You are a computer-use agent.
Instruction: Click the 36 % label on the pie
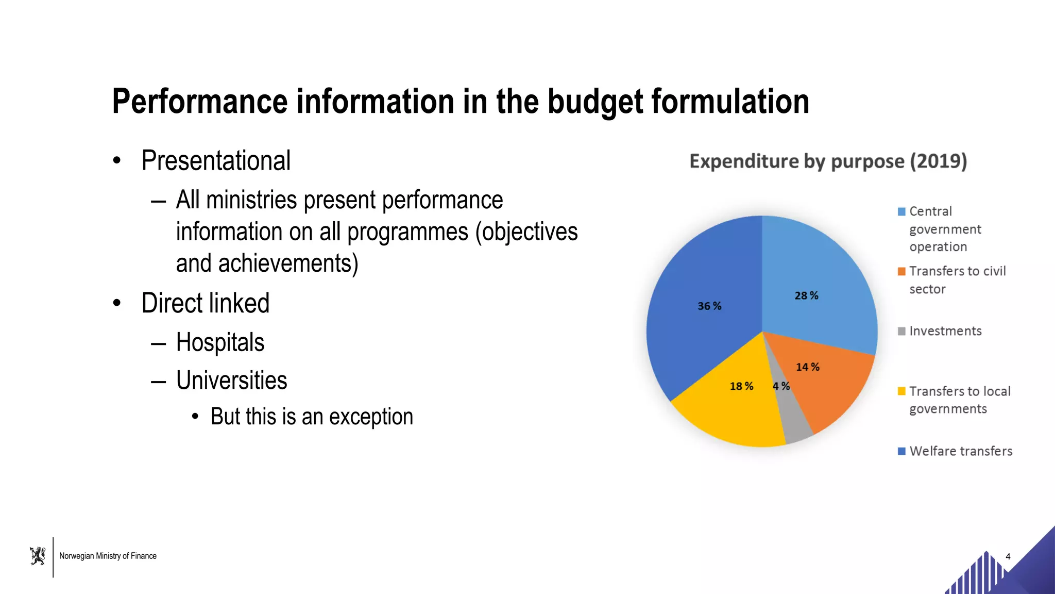[709, 306]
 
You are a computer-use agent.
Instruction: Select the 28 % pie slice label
[806, 296]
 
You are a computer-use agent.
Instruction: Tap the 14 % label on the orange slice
[807, 367]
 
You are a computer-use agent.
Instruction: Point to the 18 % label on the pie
[741, 386]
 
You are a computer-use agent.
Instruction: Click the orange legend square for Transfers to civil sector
[901, 272]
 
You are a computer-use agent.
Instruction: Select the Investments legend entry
[945, 331]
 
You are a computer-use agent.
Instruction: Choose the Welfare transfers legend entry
[961, 451]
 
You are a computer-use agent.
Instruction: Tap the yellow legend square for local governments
[901, 391]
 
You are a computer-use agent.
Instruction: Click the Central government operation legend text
[945, 229]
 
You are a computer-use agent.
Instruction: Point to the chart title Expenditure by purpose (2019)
[828, 161]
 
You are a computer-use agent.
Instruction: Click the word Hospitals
[220, 342]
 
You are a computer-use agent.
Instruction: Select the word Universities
[231, 381]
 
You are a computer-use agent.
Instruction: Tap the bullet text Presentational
[216, 160]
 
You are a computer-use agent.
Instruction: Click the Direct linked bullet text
[205, 303]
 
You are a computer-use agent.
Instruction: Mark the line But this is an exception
[312, 417]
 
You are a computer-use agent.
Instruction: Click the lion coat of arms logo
[38, 556]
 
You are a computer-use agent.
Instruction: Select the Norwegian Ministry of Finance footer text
[108, 556]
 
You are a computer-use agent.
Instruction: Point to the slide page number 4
[1008, 556]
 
